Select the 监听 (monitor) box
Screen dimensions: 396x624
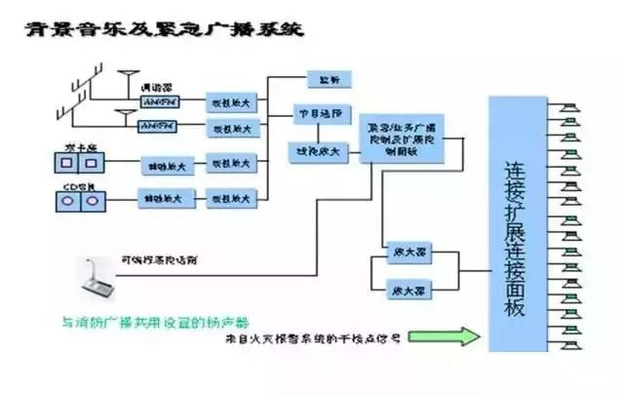tap(322, 78)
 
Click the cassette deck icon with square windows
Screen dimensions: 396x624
tap(79, 163)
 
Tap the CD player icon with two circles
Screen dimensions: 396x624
tap(79, 201)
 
